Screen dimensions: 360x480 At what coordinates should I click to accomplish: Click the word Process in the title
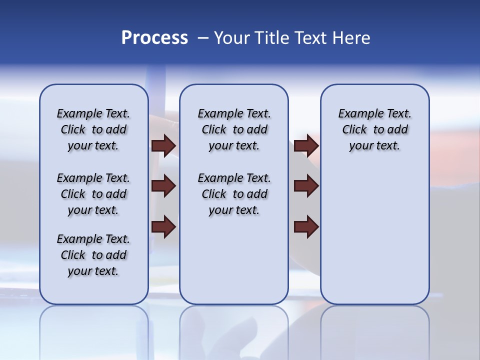154,38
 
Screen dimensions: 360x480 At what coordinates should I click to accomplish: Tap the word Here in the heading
351,38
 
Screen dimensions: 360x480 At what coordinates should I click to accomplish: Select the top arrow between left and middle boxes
163,145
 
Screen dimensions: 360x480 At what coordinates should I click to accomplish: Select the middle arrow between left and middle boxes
163,186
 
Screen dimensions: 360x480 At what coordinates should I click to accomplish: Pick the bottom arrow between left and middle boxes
163,227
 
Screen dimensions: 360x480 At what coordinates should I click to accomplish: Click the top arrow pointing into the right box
306,145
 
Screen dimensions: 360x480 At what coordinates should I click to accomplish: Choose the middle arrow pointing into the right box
306,186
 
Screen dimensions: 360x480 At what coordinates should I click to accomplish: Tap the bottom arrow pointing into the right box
306,227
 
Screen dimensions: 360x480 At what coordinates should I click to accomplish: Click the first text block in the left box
93,129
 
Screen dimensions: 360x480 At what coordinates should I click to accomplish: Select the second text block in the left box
93,194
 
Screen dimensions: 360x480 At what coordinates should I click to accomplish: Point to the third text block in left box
93,255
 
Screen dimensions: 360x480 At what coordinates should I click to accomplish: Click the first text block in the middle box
234,129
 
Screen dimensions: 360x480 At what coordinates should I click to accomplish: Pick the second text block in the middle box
234,194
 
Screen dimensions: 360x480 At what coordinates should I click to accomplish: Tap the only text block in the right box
374,129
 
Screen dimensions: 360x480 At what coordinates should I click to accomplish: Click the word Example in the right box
357,114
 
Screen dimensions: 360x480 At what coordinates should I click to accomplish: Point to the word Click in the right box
354,130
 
